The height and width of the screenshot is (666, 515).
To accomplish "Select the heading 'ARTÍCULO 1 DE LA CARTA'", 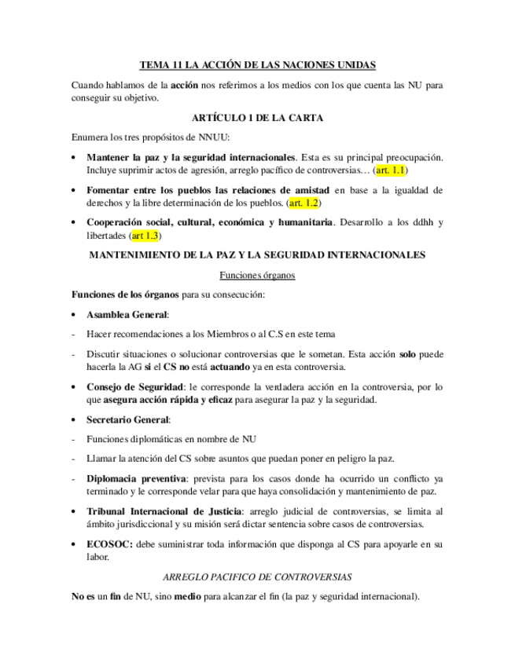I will pyautogui.click(x=257, y=118).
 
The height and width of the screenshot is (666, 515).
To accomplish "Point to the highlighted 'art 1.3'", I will pyautogui.click(x=145, y=235).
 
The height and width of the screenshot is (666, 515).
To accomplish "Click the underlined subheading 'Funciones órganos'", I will pyautogui.click(x=257, y=275).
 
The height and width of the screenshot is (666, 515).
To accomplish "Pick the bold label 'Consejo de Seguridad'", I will pyautogui.click(x=134, y=387).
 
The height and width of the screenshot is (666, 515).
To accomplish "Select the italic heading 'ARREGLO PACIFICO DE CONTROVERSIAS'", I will pyautogui.click(x=257, y=576).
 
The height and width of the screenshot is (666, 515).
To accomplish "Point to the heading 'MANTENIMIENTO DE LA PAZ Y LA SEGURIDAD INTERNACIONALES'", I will pyautogui.click(x=257, y=255).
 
